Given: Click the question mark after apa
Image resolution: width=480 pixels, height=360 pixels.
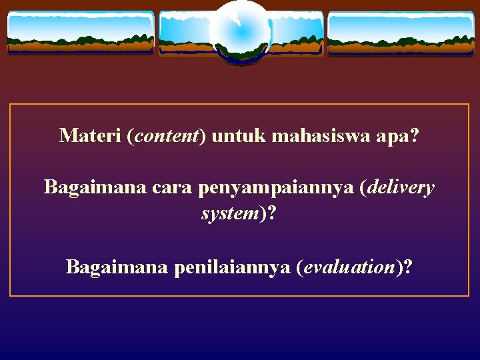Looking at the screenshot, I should (x=415, y=136).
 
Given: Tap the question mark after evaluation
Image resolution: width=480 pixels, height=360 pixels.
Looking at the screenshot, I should (x=407, y=267).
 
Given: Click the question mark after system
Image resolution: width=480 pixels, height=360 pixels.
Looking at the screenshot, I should (x=272, y=214).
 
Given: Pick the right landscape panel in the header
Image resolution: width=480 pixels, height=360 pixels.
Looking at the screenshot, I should (x=401, y=33).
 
